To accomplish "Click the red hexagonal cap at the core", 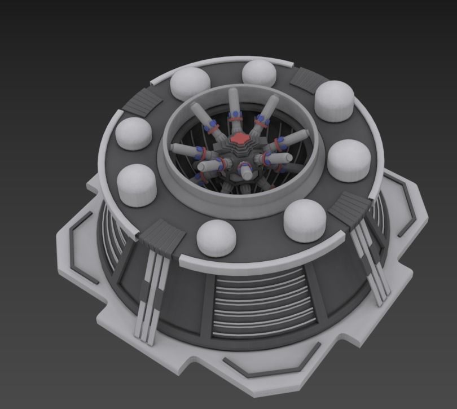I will [239, 139].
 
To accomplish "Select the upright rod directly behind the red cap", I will [234, 107].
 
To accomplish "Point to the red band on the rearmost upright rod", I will [235, 116].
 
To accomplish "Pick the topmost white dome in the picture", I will [260, 73].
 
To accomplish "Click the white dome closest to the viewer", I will [217, 236].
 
